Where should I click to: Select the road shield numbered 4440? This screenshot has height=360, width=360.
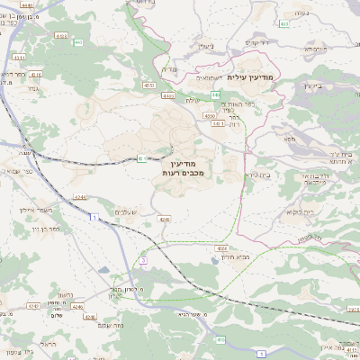tap(28, 5)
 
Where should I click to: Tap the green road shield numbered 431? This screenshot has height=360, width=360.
tap(141, 159)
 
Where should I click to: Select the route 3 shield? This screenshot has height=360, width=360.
tap(142, 260)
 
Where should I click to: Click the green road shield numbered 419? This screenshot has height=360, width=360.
tap(220, 340)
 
